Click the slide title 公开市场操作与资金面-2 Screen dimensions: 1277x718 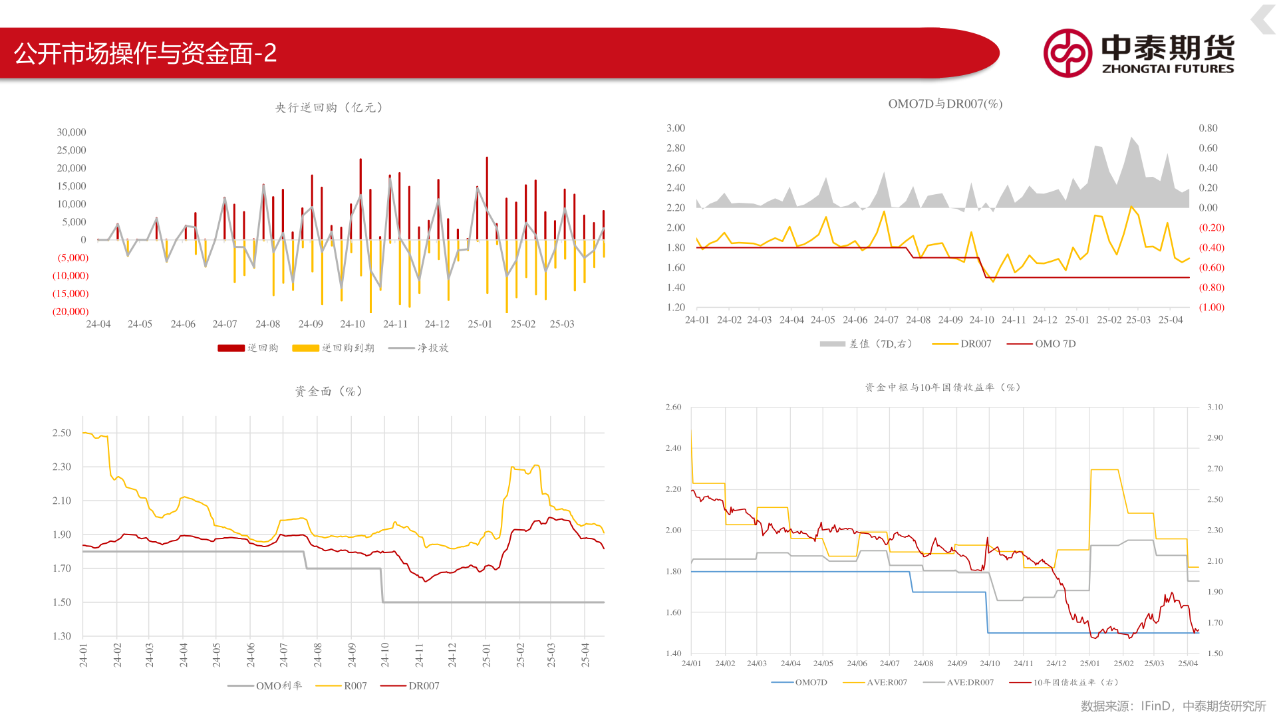point(145,53)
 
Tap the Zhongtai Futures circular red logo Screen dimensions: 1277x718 point(1067,53)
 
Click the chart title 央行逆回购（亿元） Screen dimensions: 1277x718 point(329,108)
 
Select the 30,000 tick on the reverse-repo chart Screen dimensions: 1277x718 point(71,132)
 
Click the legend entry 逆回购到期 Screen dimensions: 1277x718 point(333,348)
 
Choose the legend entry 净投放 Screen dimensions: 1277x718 point(418,348)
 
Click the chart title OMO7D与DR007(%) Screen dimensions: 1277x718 point(945,104)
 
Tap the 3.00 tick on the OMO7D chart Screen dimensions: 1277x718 point(676,128)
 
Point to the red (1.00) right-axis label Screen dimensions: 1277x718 point(1211,307)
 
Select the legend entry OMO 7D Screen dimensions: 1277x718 point(1042,344)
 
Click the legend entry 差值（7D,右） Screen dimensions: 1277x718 point(866,344)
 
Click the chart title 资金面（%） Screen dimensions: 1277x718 point(329,392)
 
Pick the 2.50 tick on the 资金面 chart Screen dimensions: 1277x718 point(62,433)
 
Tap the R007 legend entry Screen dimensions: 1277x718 point(341,685)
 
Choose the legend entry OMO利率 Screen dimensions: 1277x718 point(265,685)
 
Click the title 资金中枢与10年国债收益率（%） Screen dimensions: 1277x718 point(942,388)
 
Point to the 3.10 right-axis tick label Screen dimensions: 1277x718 point(1215,407)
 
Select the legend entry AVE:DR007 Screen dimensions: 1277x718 point(958,682)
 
